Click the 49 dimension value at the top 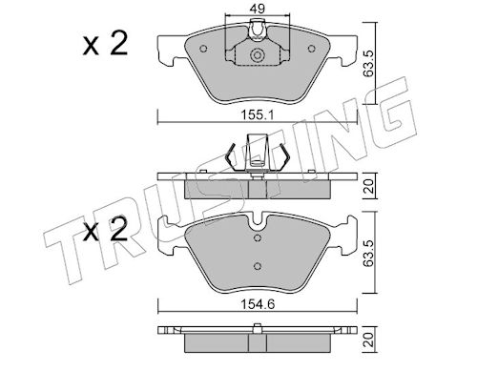258,9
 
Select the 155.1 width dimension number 258,114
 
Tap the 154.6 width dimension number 258,304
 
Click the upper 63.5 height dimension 368,63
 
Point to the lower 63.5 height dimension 368,253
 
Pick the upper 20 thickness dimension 368,186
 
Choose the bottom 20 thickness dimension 368,339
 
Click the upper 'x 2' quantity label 105,45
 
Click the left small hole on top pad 203,49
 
